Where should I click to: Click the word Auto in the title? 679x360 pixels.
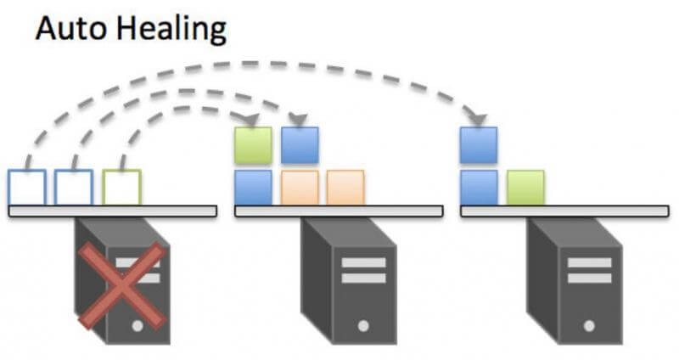67,31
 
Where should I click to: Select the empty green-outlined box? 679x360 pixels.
121,188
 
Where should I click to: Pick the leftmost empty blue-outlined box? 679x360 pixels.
27,188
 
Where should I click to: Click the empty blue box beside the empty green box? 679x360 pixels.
74,188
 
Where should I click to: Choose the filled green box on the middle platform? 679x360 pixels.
253,145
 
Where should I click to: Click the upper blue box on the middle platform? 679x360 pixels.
300,145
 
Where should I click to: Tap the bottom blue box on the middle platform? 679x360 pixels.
253,188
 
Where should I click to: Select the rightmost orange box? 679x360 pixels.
345,188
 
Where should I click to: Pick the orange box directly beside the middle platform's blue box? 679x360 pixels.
300,188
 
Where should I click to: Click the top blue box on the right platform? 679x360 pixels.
479,145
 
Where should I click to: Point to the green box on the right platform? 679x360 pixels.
525,188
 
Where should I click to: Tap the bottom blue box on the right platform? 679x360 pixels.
479,188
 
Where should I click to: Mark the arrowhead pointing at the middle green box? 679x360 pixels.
252,120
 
